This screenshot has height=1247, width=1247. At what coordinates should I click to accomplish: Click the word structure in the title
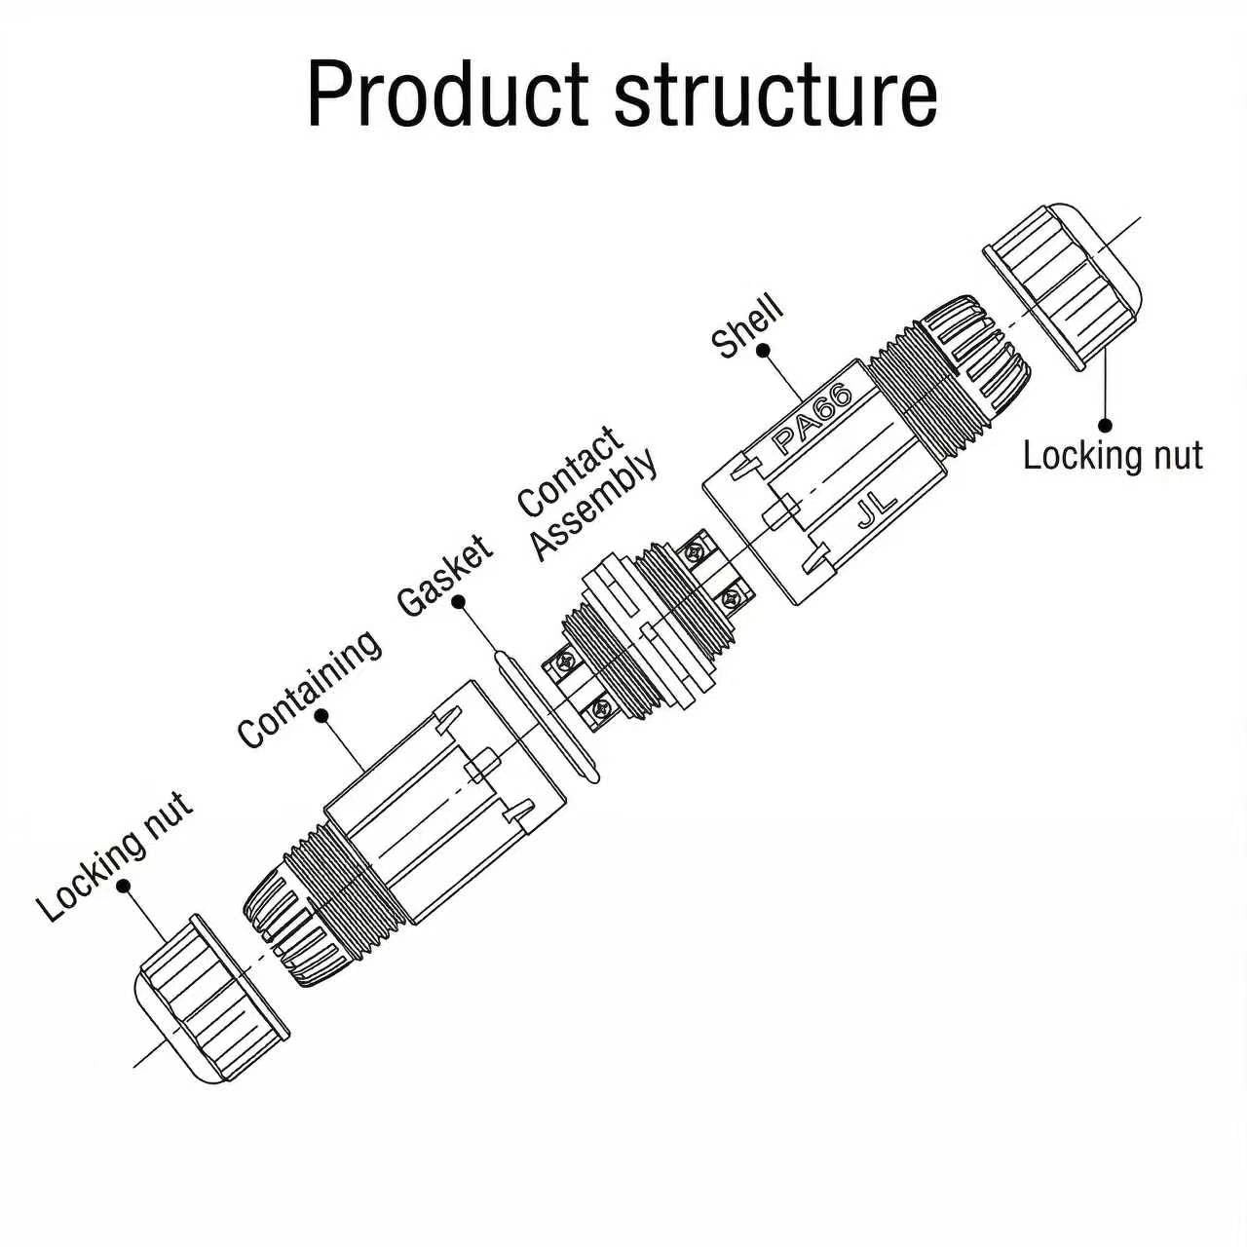click(775, 95)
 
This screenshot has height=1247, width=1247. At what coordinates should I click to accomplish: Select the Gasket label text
click(444, 576)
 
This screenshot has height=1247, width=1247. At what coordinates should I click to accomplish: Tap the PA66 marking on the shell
click(812, 420)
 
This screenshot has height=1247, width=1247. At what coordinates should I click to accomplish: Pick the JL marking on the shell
click(877, 508)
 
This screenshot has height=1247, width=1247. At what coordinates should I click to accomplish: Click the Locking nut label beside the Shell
click(1113, 456)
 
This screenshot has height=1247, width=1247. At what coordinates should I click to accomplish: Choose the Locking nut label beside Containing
click(115, 855)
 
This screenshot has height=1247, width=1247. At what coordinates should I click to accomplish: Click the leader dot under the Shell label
click(764, 350)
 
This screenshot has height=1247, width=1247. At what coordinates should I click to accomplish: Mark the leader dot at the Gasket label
click(459, 602)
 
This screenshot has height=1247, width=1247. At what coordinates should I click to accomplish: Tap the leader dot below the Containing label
click(320, 716)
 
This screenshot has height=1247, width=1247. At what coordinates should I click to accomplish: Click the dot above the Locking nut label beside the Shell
click(1106, 425)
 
